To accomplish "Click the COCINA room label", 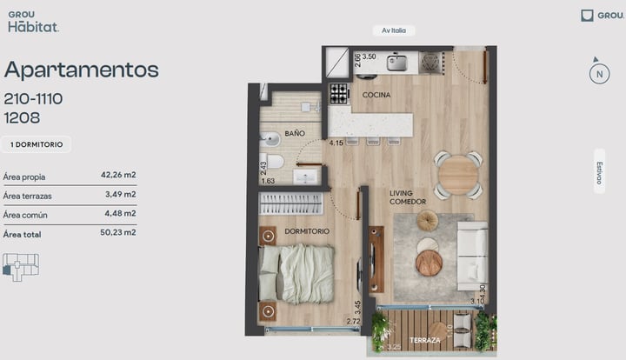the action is pos(376,95).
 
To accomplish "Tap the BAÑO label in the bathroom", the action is pos(295,133).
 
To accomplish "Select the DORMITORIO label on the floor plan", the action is pos(307,231).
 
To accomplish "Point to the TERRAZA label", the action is pos(425,341).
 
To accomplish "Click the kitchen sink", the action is pos(396,63).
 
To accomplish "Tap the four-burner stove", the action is pos(339,93).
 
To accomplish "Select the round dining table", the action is pos(458,175).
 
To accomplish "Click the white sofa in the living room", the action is pos(472,256).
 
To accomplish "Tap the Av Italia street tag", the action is pos(394,30).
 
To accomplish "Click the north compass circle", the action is pos(599,74).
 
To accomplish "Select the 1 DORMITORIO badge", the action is pos(37,144).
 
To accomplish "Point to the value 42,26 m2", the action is pos(118,175).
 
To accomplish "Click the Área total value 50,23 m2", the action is pos(117,232).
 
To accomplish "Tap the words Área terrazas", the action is pos(27,196).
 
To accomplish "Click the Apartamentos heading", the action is pos(82,70).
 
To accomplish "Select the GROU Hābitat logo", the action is pos(34,22).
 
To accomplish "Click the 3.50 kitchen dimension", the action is pos(369,57).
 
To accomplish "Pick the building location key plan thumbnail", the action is pos(21,267).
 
